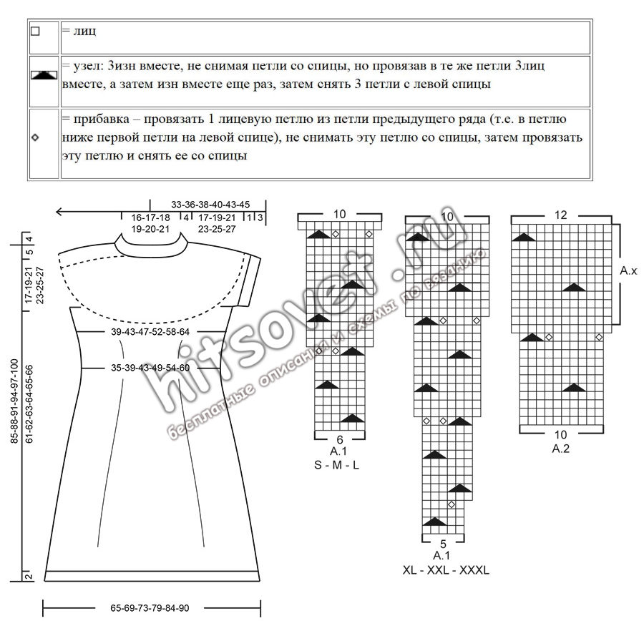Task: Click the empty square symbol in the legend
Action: [x=35, y=31]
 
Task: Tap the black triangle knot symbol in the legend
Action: [x=44, y=74]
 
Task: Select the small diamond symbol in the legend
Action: [x=35, y=137]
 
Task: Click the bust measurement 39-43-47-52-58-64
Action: [x=150, y=332]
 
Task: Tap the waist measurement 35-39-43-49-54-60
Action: [x=150, y=368]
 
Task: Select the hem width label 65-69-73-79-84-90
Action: [x=150, y=608]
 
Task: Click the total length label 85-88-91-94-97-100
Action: [x=14, y=401]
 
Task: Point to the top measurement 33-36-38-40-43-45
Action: [x=210, y=205]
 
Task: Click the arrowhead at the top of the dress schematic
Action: [x=59, y=212]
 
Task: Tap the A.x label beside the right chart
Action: [x=628, y=270]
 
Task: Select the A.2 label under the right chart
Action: [x=560, y=449]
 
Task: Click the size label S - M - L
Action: [x=336, y=465]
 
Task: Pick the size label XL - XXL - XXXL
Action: [x=446, y=570]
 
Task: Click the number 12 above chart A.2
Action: [x=560, y=215]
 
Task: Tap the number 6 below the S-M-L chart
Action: [x=340, y=440]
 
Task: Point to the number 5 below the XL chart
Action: [x=443, y=544]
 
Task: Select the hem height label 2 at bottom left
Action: [x=29, y=577]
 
